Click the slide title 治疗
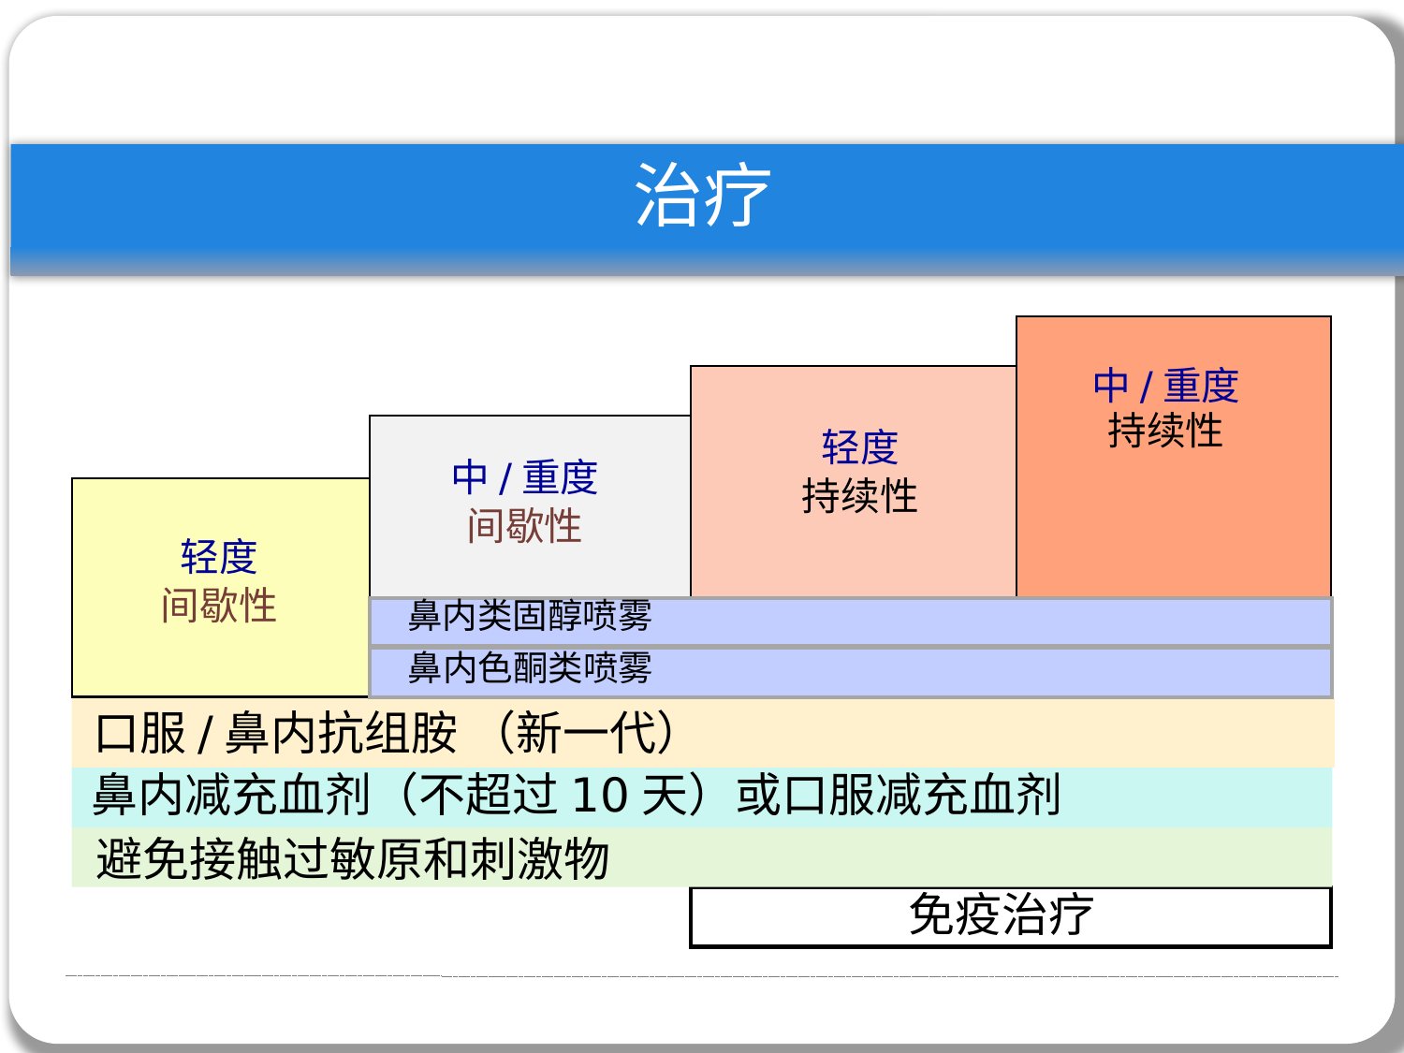702,195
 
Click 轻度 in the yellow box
219,556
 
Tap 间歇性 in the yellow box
219,605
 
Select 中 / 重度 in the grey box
524,477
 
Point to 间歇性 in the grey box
524,525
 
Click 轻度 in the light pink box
859,446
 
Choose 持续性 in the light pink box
859,495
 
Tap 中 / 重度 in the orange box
1165,386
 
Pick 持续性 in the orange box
1165,430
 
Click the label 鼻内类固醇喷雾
530,615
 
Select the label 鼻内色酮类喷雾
530,667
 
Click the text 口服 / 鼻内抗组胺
276,733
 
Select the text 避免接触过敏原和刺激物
353,858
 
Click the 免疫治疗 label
1001,914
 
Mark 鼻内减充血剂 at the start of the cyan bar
231,795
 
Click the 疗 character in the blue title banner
738,195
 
